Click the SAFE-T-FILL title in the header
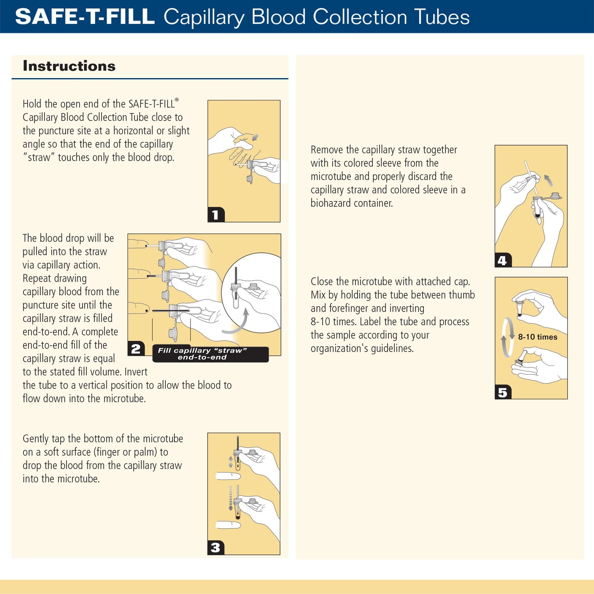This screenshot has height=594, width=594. pyautogui.click(x=85, y=17)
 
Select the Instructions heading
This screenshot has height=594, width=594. pyautogui.click(x=69, y=66)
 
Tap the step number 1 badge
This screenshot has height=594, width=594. pyautogui.click(x=215, y=215)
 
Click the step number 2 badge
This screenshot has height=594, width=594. pyautogui.click(x=136, y=349)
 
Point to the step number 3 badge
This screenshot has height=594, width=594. pyautogui.click(x=215, y=548)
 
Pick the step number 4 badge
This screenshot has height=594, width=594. pyautogui.click(x=502, y=260)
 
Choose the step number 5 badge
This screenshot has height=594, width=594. pyautogui.click(x=502, y=392)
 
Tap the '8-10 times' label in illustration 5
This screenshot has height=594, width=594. pyautogui.click(x=537, y=337)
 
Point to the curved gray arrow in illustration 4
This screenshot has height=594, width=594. pyautogui.click(x=549, y=180)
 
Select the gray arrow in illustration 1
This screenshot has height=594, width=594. pyautogui.click(x=255, y=137)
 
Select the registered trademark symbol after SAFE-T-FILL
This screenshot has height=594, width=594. pyautogui.click(x=177, y=100)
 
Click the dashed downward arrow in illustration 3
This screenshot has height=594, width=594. pyautogui.click(x=231, y=498)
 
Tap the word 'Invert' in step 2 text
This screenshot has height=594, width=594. pyautogui.click(x=136, y=372)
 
